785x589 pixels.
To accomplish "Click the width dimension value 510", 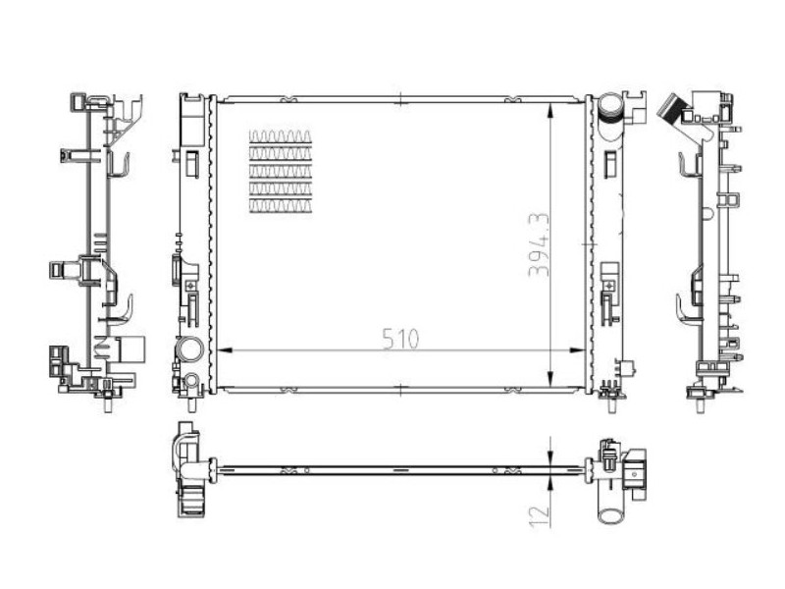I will [400, 339].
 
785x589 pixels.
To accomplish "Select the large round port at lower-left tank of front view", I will [189, 349].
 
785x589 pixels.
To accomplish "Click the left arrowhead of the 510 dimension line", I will [222, 349].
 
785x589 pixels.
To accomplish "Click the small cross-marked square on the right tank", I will [609, 285].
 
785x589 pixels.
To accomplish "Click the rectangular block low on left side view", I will [130, 349].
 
